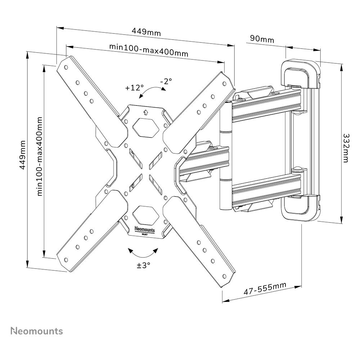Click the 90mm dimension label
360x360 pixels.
click(262, 39)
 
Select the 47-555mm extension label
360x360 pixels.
click(265, 288)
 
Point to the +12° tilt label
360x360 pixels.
click(134, 87)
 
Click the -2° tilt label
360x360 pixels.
click(166, 81)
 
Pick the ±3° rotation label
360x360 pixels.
click(144, 265)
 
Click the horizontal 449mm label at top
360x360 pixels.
click(146, 32)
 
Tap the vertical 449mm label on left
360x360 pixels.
click(22, 155)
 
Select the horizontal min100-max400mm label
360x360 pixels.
click(149, 50)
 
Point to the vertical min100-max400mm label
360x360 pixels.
click(40, 156)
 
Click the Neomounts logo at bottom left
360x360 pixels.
click(37, 331)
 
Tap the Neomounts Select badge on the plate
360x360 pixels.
click(144, 230)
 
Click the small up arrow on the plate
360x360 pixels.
click(145, 112)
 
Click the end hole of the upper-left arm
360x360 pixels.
click(66, 68)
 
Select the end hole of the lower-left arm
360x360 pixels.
click(66, 260)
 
